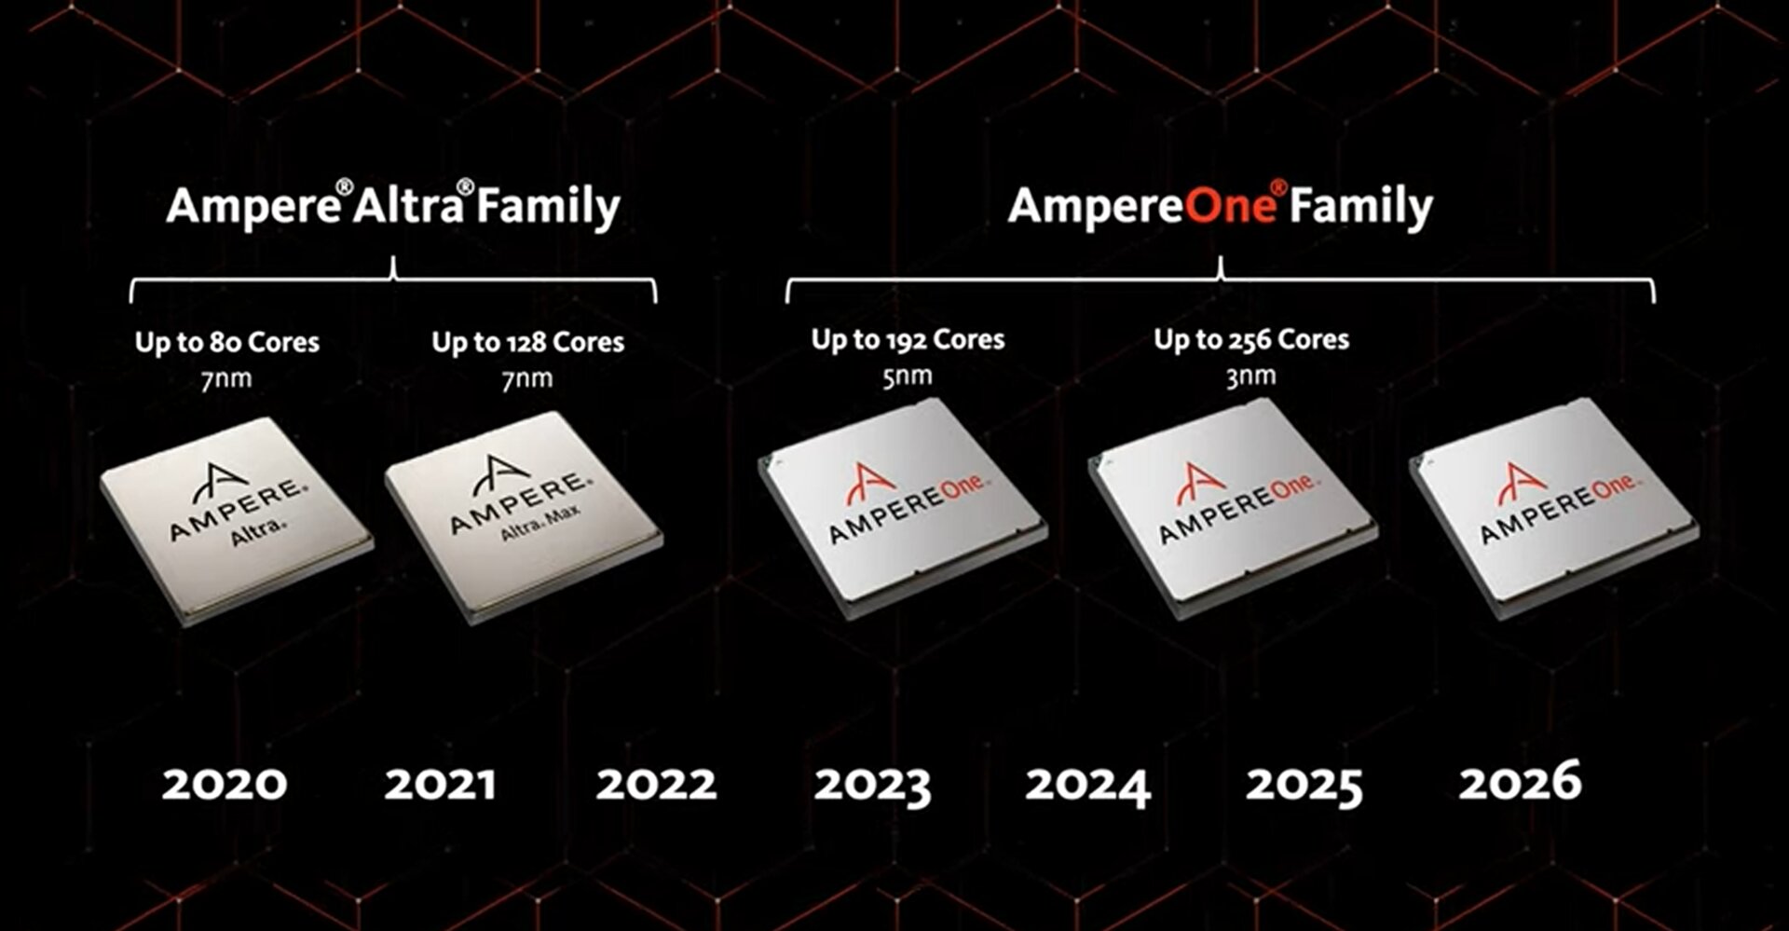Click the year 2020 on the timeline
coord(225,784)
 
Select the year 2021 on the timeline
coord(440,784)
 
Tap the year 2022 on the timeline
coord(657,784)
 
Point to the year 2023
coord(872,786)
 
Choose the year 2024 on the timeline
coord(1088,786)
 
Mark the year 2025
coord(1304,786)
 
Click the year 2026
coord(1520,781)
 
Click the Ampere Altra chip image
coord(237,518)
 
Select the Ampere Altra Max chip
coord(524,515)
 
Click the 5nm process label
coord(908,377)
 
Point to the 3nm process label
coord(1250,377)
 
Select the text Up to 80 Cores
coord(227,342)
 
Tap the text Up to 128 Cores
coord(527,342)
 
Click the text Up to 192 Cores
coord(908,339)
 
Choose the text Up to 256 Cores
coord(1251,339)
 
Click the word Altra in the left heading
coord(408,206)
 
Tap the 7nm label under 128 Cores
coord(527,378)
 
